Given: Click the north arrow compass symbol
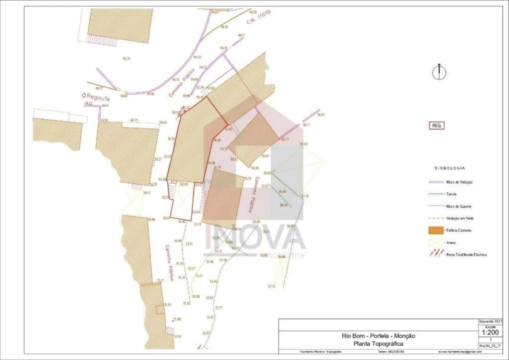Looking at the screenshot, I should point(438,72).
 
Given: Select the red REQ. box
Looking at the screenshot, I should point(436,125).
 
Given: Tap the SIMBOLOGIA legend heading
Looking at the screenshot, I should point(449,168).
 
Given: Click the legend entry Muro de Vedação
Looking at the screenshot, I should point(459,182).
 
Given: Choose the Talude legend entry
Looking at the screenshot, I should point(451,194).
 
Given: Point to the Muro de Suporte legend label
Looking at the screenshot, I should point(459,206).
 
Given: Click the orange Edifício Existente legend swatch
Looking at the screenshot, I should point(436,230).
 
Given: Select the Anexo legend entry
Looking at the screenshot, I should point(450,242).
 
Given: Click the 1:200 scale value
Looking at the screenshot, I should point(489,332).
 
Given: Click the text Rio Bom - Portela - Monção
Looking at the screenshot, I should point(378,336).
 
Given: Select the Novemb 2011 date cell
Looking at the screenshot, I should point(490,321).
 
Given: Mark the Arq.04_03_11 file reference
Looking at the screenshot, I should point(490,345).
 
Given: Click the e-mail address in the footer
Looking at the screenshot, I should point(459,351).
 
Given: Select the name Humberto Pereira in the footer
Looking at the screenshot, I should point(310,351).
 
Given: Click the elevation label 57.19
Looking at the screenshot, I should point(272,286).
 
